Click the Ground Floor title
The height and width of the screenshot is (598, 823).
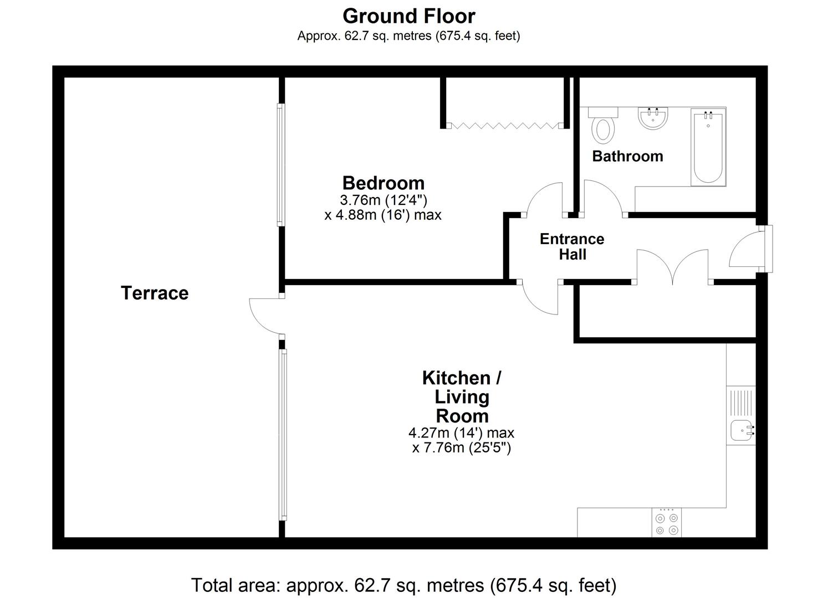pos(408,17)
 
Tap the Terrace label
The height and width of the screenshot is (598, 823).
pos(154,293)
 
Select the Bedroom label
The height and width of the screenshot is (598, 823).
pos(383,183)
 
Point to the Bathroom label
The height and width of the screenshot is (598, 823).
pos(627,156)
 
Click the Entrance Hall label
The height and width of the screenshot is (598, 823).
pos(572,247)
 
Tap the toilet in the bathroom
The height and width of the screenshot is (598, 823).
pos(603,125)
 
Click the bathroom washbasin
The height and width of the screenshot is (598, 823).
pos(653,118)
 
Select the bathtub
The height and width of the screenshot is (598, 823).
pos(708,147)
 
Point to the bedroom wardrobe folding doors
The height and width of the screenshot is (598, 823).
pos(504,126)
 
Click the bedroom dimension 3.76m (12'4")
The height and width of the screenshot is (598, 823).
pos(383,200)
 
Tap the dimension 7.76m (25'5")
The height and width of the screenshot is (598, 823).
pos(462,448)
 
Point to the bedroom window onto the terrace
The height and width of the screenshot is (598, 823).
pos(280,165)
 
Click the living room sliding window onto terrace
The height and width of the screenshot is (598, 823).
pos(283,435)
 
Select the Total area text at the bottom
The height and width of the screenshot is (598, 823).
pos(403,585)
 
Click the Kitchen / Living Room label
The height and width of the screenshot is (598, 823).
pos(462,397)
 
